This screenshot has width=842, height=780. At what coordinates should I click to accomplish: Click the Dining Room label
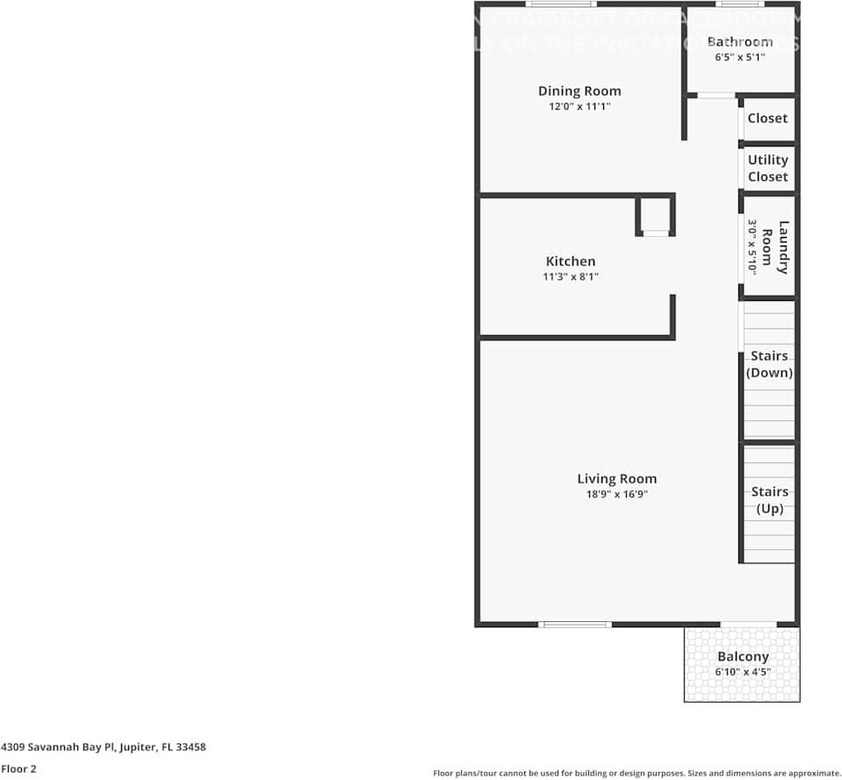coord(579,90)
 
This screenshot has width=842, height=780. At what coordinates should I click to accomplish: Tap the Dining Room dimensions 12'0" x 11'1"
coord(579,106)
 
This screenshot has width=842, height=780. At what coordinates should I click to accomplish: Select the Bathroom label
coord(739,41)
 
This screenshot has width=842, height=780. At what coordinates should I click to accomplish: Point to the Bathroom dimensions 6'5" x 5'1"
coord(739,57)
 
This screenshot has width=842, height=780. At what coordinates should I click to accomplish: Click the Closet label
coord(767,118)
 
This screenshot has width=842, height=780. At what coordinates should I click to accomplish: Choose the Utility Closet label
coord(767,168)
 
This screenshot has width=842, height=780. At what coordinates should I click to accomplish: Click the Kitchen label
coord(571,261)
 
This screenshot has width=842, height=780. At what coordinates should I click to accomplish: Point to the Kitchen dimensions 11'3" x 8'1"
coord(571,276)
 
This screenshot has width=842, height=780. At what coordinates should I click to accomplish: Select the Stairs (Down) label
coord(769,364)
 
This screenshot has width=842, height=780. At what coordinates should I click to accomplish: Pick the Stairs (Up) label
coord(769,500)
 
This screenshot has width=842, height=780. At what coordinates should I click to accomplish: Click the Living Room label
coord(616,478)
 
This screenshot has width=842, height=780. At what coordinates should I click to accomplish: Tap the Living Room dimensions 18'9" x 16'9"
coord(616,494)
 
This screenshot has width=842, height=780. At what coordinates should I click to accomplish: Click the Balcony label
coord(743,656)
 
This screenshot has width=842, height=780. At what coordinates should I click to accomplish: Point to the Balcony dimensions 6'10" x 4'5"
coord(743,672)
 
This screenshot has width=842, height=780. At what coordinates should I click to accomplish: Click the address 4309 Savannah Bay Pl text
coord(104,748)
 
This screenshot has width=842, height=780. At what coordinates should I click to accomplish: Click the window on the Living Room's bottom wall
coord(574,625)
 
